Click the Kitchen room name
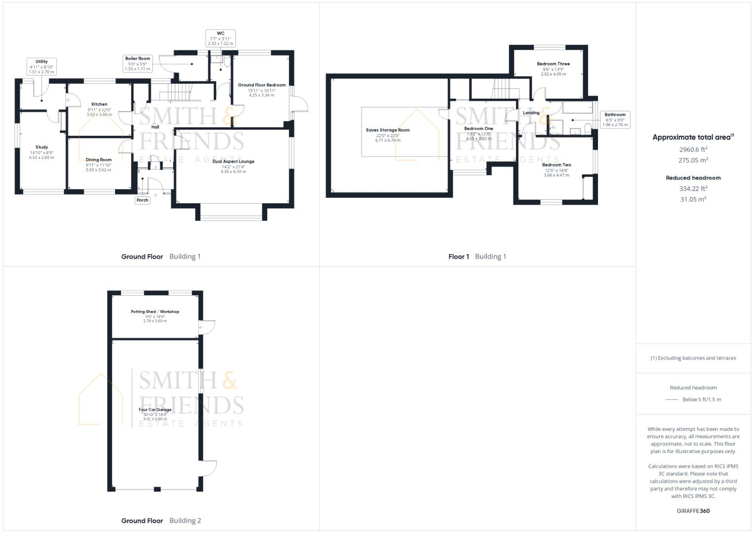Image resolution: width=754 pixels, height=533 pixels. click(x=99, y=104)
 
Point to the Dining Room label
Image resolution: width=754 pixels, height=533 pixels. click(x=99, y=160)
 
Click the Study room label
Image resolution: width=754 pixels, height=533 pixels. click(x=41, y=147)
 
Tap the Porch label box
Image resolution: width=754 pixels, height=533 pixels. click(x=142, y=200)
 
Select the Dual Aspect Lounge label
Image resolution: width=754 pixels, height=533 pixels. click(x=233, y=161)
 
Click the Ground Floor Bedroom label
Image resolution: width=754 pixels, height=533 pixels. click(x=262, y=85)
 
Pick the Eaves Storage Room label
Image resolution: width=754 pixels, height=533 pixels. click(x=388, y=130)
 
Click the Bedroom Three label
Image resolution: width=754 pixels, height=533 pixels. click(x=553, y=64)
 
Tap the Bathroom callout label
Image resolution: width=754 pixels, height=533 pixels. click(x=615, y=115)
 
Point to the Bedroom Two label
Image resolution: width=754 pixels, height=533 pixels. click(x=556, y=165)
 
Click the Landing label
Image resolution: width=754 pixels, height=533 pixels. click(x=531, y=113)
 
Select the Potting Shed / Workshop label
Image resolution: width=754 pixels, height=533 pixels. click(x=155, y=312)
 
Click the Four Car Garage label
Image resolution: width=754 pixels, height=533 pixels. click(x=155, y=410)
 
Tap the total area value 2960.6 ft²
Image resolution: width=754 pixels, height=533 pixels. click(x=693, y=149)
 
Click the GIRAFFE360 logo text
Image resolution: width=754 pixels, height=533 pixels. click(x=693, y=511)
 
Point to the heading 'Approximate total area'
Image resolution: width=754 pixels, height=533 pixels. click(x=692, y=138)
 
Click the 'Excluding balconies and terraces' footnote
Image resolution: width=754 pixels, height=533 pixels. click(x=693, y=358)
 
